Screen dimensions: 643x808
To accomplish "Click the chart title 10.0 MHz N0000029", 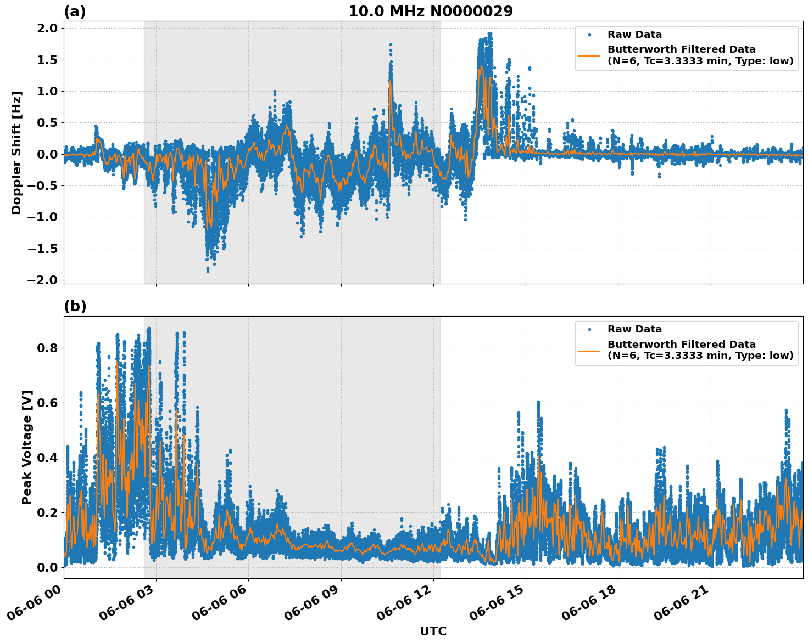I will pos(430,12).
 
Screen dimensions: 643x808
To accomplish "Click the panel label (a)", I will pos(75,12).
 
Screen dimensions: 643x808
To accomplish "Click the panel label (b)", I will pos(75,306).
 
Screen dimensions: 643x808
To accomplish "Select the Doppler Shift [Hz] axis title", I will pos(16,153).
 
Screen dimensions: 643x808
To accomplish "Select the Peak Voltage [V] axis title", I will pos(27,447).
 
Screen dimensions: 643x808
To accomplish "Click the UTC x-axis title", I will pos(433,631).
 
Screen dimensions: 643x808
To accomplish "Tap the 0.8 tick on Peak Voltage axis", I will pos(51,348).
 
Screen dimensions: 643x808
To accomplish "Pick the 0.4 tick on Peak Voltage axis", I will pos(51,458).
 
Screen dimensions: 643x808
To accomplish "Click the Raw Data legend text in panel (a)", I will pos(634,35).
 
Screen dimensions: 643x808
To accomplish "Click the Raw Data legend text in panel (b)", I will pos(634,330).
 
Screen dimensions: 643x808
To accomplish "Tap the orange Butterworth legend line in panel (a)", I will pos(589,55).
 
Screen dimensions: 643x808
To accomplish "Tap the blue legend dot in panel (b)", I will pos(589,330).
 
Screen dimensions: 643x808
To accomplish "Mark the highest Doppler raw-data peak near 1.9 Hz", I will pos(489,33).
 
